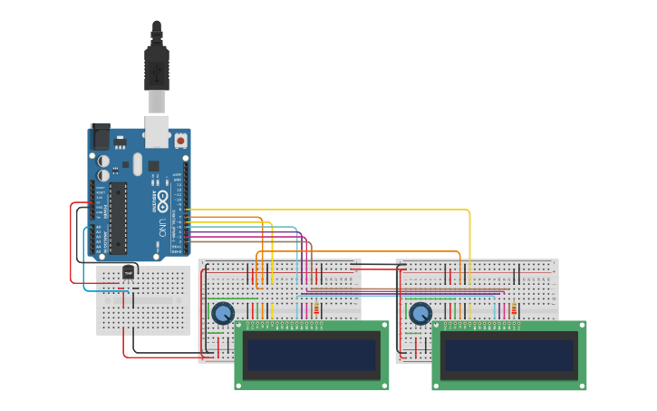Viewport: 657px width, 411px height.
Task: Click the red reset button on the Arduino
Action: coord(180,141)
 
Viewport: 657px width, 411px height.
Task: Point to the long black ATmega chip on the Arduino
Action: coord(117,218)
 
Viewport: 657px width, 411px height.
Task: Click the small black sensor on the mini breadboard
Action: coord(130,270)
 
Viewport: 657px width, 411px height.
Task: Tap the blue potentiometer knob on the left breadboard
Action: coord(222,314)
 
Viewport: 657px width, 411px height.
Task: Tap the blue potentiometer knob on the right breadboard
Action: coord(420,314)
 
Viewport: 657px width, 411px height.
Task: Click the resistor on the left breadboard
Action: coord(316,311)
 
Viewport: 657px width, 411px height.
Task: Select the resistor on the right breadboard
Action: coord(514,310)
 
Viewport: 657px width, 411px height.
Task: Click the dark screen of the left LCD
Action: coord(313,355)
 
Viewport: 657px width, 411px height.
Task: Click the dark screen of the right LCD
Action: coord(509,355)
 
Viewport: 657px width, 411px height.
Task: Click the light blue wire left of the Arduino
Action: coord(84,263)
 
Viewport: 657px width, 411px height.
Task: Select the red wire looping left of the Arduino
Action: coord(72,245)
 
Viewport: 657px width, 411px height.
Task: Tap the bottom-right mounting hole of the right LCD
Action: coord(581,385)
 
